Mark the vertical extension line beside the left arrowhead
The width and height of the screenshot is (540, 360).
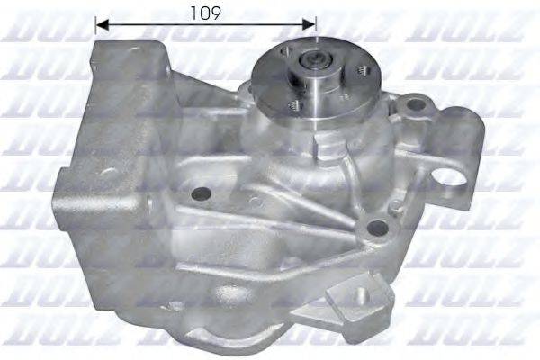point(95,27)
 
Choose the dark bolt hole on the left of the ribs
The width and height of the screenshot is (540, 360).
point(200,193)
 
